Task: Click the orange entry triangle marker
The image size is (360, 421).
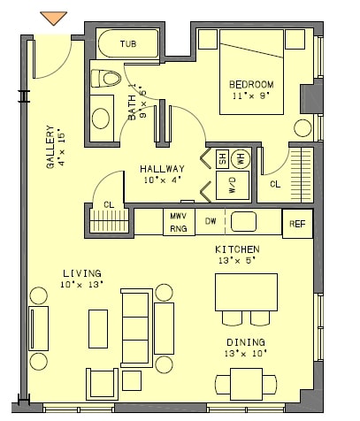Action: tap(54, 17)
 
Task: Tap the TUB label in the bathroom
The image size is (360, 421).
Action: tap(128, 43)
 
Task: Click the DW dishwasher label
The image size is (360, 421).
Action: tap(211, 221)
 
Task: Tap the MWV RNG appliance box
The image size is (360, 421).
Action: tap(178, 222)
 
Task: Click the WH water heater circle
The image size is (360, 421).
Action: tap(239, 158)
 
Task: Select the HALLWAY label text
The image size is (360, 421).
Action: tap(162, 169)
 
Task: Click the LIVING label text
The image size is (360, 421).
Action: tap(81, 272)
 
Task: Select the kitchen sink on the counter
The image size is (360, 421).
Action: tap(243, 221)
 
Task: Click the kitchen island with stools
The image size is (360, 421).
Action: tap(246, 292)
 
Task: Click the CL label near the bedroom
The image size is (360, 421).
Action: tap(275, 184)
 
